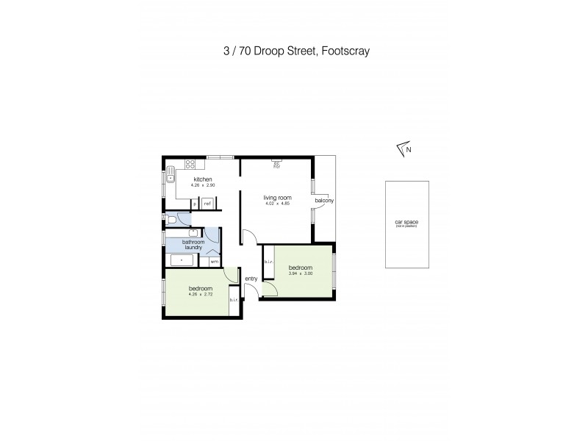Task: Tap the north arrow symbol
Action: point(403,149)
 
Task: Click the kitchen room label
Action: point(203,179)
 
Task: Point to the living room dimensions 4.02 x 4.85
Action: point(278,204)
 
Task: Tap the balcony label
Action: point(324,201)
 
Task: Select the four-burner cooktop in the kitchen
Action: point(189,164)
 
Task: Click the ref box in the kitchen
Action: point(208,204)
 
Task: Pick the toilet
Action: point(172,218)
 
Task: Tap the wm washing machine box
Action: point(215,261)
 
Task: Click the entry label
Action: point(251,279)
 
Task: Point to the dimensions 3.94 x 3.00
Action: point(300,274)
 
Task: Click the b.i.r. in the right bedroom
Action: point(268,262)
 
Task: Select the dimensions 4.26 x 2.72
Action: point(200,295)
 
